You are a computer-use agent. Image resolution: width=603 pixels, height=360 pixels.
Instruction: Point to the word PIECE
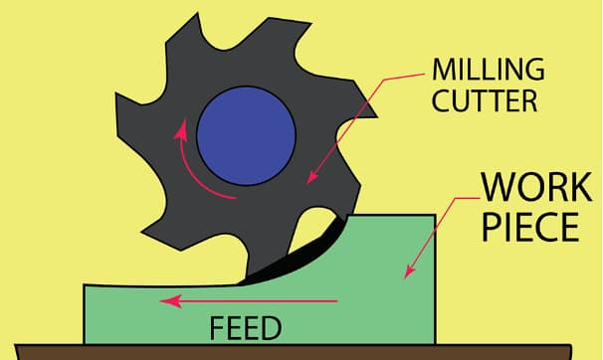point(530,228)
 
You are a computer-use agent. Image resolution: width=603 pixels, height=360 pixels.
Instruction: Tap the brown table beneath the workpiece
point(299,350)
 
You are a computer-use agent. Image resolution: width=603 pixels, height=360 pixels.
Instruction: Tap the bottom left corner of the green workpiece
point(85,340)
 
